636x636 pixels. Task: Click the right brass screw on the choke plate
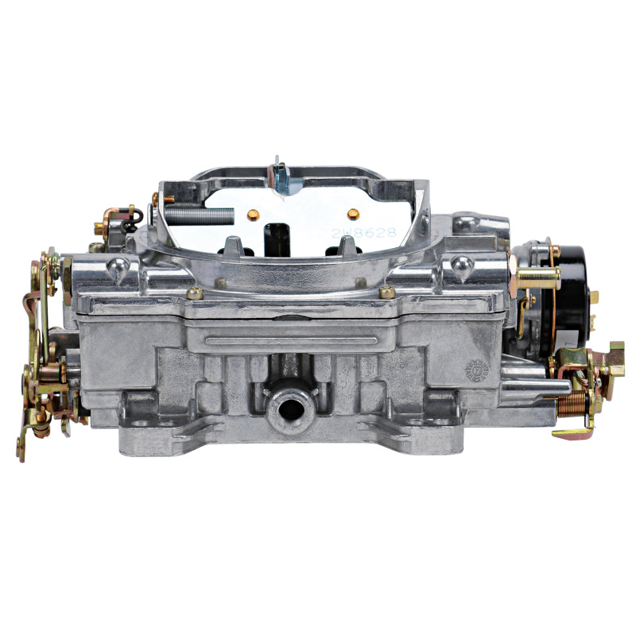pos(353,213)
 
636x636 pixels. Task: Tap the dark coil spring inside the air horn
pos(207,215)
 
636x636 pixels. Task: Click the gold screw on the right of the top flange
pos(387,292)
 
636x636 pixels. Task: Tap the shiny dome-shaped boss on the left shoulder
pos(117,270)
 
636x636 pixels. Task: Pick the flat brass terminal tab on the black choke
pos(593,297)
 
